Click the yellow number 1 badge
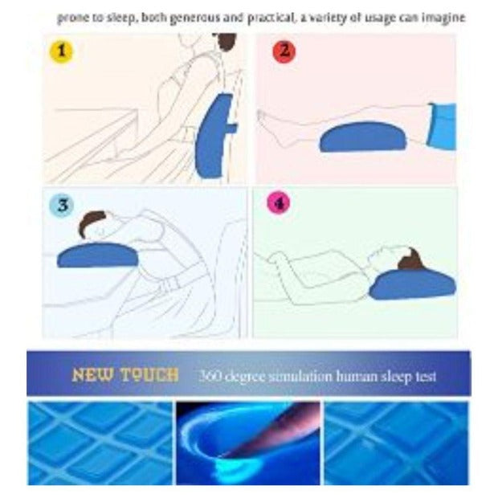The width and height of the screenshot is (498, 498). (61, 51)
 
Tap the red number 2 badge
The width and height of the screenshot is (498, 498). (284, 51)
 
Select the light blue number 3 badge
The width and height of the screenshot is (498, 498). (62, 205)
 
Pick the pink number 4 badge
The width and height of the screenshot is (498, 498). (279, 202)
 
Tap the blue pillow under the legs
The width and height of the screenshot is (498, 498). (363, 137)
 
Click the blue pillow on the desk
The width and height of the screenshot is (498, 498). (98, 255)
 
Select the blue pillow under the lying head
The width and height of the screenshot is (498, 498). (412, 284)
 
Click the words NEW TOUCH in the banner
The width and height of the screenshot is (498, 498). (125, 375)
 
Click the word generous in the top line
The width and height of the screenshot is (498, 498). (195, 18)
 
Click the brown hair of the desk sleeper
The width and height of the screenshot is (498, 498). (91, 222)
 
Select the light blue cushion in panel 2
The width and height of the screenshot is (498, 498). (442, 126)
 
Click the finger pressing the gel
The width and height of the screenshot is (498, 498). (273, 429)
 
